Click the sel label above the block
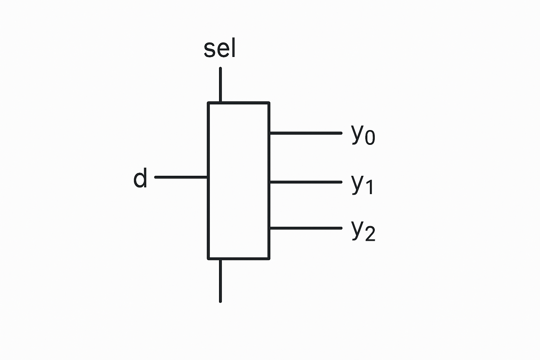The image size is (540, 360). coord(220,49)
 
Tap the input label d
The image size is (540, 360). coord(140,178)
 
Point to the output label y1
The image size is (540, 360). coord(362,184)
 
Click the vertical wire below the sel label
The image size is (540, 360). coord(220,84)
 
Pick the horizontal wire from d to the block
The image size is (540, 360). coord(181,177)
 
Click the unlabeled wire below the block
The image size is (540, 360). coord(220,281)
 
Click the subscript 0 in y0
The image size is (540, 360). coord(370,138)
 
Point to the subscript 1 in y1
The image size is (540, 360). coord(368,187)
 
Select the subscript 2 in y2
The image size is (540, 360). coord(370,234)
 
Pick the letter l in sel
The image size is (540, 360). coord(233,49)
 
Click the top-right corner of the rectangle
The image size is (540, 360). coord(269,103)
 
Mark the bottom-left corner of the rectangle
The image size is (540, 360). coord(208,258)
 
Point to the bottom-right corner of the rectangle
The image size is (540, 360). coord(269,258)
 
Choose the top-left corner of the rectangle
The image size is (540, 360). coord(208,103)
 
